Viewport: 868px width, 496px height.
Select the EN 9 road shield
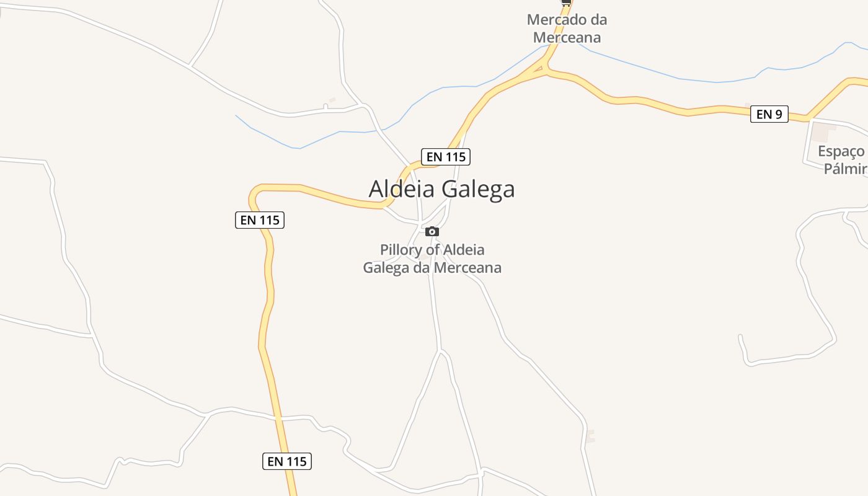[769, 114]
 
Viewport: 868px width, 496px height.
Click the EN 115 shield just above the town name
[446, 157]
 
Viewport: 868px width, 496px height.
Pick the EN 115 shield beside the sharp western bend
[260, 220]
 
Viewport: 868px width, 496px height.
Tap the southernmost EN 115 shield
[286, 461]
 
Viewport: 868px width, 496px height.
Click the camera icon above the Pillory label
[432, 231]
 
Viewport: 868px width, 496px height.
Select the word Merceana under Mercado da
[567, 37]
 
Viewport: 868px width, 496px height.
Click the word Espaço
[840, 151]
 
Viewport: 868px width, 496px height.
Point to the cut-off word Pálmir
[845, 169]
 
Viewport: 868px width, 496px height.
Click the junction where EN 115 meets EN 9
[546, 71]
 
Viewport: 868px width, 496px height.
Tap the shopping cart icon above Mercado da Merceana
[566, 2]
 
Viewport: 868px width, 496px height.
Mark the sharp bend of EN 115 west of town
[254, 193]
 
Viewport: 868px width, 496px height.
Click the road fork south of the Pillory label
[440, 351]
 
